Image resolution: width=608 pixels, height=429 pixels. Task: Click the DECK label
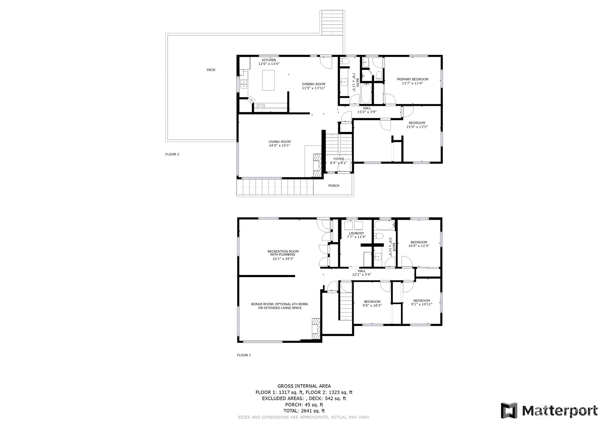coord(211,70)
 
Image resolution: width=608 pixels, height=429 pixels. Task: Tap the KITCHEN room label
coord(269,60)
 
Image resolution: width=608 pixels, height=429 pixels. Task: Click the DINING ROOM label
coord(313,84)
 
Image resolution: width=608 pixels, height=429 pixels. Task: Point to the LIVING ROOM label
coord(279,142)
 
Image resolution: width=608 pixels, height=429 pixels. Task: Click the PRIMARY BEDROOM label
coord(412,79)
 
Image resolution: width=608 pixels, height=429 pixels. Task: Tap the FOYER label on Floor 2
coord(339,159)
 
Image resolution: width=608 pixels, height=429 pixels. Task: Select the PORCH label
coord(334,186)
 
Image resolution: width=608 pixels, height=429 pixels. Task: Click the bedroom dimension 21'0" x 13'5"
coord(417,127)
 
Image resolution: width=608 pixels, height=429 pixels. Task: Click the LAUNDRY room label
coord(356,233)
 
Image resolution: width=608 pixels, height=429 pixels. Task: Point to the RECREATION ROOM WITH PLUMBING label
coord(283,253)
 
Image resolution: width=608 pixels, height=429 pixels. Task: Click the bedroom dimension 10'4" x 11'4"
coord(419,246)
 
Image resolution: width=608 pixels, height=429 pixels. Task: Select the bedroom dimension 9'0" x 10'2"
coord(372,306)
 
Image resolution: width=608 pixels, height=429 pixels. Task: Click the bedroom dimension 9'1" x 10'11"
coord(421,304)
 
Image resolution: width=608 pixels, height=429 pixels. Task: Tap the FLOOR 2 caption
coord(172,154)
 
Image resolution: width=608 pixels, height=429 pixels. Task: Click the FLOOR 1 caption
coord(244,355)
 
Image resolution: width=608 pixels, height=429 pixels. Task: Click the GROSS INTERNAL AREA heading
coord(304,386)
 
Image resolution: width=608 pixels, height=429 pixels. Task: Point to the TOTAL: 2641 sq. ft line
coord(304,411)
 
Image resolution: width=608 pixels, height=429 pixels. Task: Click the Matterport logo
coord(549,411)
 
